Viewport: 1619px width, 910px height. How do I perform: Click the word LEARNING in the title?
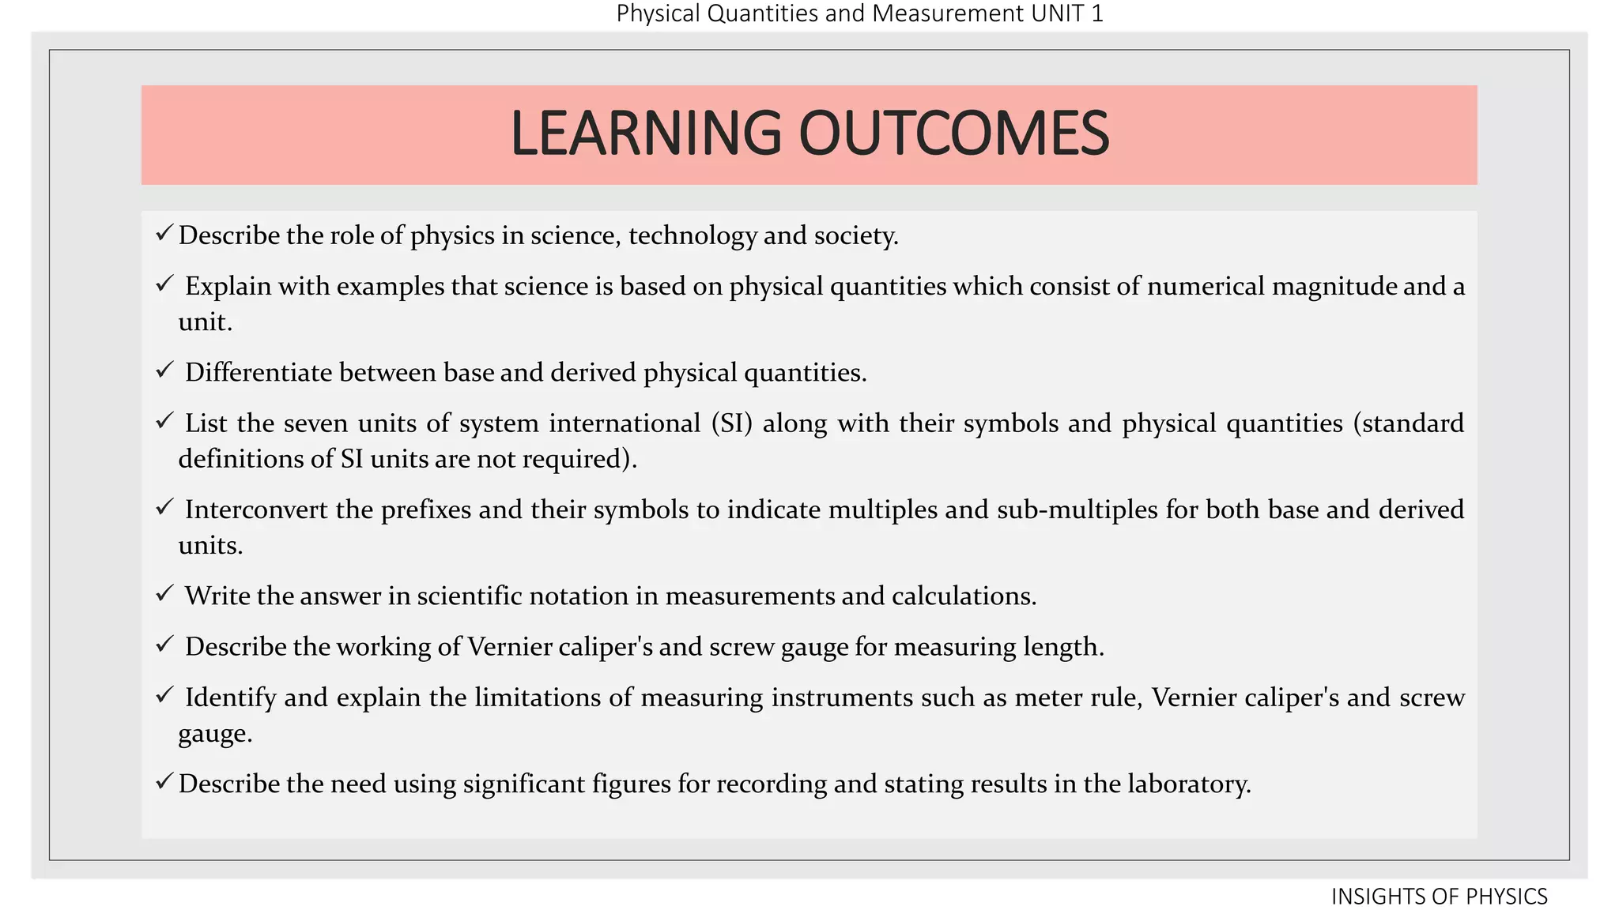tap(646, 133)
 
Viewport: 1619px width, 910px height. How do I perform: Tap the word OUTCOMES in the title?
tap(954, 133)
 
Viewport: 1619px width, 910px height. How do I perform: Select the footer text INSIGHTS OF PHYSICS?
tap(1439, 897)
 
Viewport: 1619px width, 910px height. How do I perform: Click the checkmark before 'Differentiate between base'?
tap(164, 370)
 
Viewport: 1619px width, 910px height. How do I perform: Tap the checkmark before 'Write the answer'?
tap(164, 593)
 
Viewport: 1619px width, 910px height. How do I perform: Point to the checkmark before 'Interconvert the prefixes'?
tap(164, 507)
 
